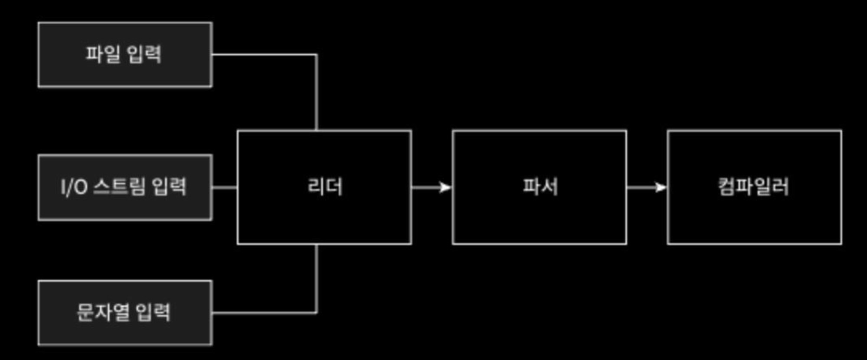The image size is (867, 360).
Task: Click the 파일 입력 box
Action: [125, 55]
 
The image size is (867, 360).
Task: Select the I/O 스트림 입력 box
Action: [125, 187]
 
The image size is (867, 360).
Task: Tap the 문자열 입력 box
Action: [125, 313]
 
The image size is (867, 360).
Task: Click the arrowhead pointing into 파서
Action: [445, 187]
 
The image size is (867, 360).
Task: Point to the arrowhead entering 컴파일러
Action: [660, 187]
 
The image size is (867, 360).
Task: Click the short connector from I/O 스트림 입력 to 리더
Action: [225, 187]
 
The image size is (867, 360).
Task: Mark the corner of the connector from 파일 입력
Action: [316, 55]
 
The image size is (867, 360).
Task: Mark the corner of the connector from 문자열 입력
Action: [316, 312]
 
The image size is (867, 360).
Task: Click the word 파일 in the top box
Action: [103, 54]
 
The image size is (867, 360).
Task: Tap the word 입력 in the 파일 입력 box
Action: [144, 54]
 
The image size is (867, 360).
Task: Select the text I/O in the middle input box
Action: [75, 187]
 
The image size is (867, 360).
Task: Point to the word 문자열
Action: [103, 312]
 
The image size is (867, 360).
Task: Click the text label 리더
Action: [325, 187]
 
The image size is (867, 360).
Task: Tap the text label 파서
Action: [540, 187]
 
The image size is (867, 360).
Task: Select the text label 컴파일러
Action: [753, 187]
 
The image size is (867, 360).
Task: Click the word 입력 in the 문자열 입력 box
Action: [153, 312]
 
